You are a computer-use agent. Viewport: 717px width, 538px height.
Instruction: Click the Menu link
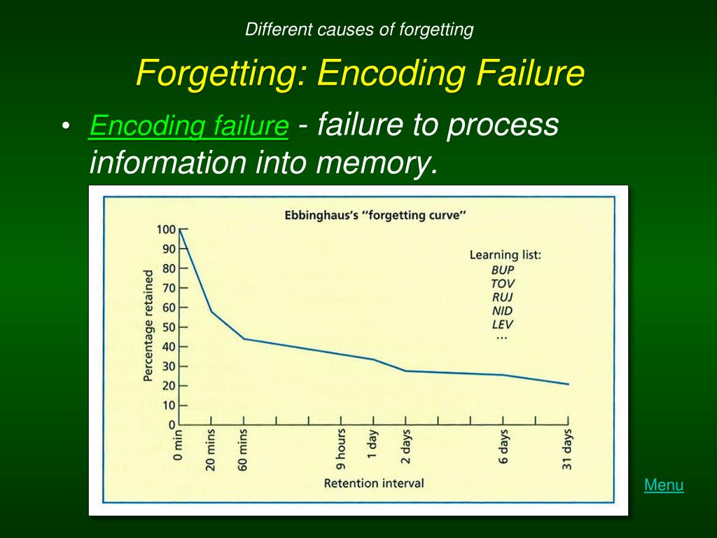tap(664, 485)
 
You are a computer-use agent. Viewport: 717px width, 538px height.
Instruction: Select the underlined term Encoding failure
tap(189, 127)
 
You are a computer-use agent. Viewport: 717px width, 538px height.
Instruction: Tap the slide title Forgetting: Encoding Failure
tap(360, 73)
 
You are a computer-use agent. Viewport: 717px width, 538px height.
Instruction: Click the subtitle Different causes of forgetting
tap(359, 29)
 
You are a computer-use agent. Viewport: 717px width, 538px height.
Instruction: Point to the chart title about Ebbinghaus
tap(375, 215)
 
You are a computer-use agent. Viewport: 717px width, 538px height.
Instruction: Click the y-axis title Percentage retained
tap(148, 328)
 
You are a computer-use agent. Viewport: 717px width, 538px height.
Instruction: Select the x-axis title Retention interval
tap(374, 483)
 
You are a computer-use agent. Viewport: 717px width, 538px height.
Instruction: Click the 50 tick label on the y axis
tap(168, 327)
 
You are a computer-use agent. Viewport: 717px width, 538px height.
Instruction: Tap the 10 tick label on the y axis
tap(168, 406)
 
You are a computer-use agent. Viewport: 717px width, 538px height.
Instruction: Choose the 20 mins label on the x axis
tap(211, 450)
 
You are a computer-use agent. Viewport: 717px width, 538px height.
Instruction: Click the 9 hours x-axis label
tap(341, 448)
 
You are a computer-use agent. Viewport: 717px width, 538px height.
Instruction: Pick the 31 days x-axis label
tap(568, 449)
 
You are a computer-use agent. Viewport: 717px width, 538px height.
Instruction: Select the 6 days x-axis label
tap(503, 449)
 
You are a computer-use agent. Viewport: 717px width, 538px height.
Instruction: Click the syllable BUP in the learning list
tap(503, 269)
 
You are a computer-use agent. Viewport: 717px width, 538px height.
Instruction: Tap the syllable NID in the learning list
tap(503, 310)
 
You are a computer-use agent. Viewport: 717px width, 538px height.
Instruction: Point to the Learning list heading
tap(505, 254)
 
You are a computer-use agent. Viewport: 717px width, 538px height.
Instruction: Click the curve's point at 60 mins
tap(244, 339)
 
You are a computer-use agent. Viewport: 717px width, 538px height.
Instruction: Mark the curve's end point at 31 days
tap(568, 384)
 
